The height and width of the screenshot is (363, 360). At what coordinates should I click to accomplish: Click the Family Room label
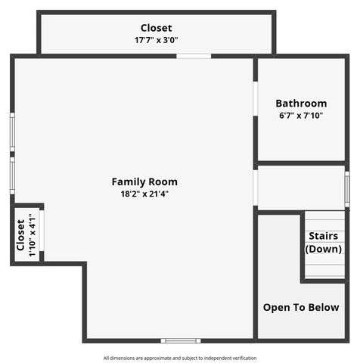144,181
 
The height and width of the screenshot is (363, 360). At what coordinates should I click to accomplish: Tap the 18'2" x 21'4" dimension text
144,194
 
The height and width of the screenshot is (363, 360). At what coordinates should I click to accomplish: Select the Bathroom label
301,104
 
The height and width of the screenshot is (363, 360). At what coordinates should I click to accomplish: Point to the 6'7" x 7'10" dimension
301,116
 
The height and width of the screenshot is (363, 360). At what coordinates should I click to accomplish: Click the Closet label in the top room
156,28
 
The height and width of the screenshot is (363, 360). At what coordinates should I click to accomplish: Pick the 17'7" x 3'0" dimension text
156,40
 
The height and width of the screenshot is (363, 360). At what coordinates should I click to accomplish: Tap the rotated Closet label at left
21,235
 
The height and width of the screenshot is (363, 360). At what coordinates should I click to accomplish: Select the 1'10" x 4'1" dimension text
33,235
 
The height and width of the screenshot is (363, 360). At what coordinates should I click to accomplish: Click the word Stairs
323,236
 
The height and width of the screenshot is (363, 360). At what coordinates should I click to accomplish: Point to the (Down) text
323,249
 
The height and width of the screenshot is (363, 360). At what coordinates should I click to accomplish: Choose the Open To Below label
301,308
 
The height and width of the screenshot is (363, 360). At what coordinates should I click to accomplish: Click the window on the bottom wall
181,340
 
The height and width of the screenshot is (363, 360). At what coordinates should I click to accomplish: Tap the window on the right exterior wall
347,188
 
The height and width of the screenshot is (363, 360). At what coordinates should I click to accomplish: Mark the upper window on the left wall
12,133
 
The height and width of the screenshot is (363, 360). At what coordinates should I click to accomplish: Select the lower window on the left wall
12,175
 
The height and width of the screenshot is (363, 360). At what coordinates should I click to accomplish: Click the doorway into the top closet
194,55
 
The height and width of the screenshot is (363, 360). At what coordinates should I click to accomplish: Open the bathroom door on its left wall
256,98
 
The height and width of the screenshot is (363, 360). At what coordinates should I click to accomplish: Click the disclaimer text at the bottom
180,358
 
